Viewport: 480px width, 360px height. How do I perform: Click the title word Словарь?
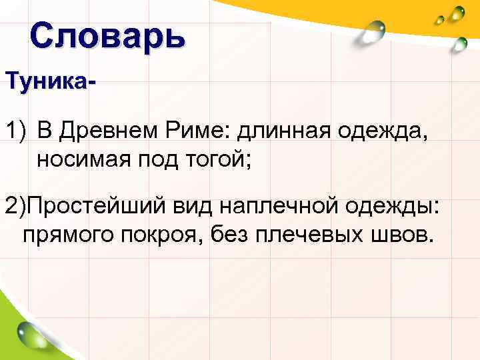coord(107,37)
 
